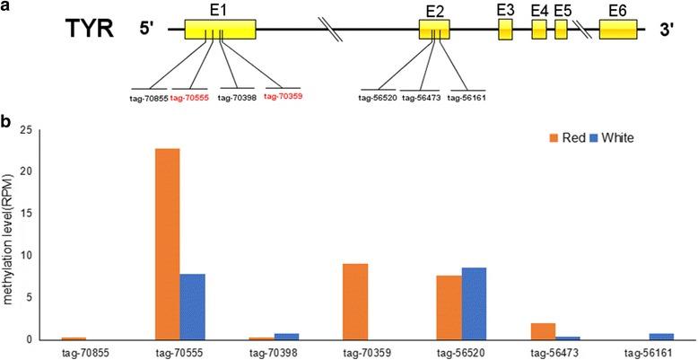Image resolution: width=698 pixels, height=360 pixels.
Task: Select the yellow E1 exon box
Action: (220, 30)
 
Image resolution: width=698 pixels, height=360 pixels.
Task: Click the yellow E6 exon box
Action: (618, 29)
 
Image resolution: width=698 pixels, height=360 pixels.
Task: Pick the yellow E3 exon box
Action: (506, 29)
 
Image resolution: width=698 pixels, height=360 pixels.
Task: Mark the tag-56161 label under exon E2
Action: (465, 98)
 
